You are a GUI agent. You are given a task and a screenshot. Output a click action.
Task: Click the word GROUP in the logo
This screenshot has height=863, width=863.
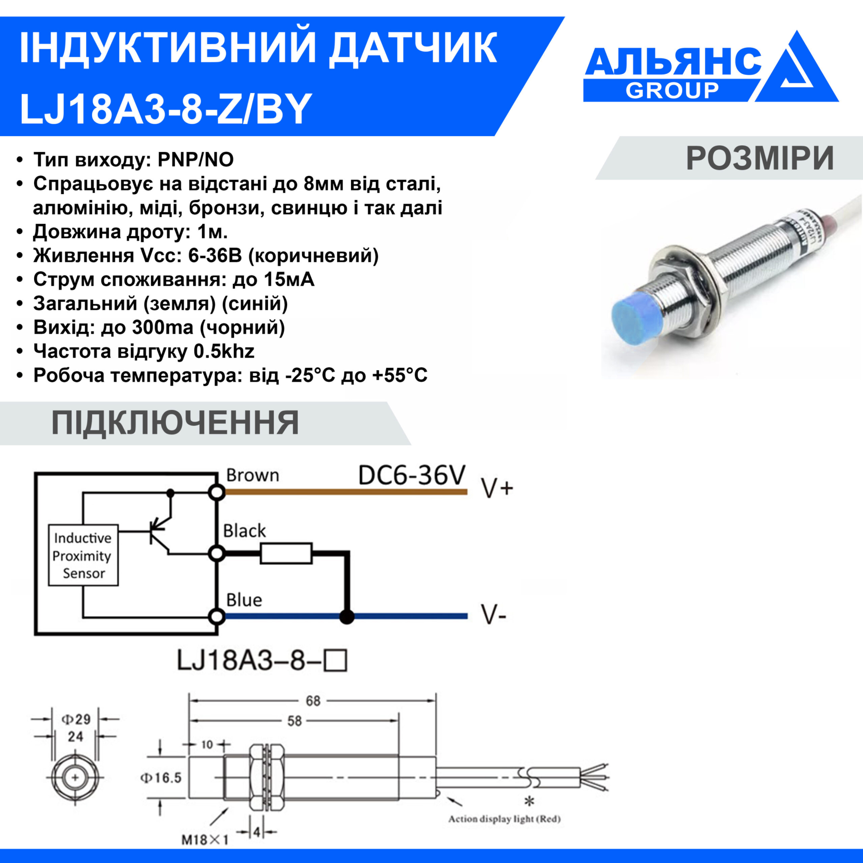[x=672, y=90]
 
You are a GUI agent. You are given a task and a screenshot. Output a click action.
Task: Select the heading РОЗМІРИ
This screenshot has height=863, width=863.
[x=760, y=158]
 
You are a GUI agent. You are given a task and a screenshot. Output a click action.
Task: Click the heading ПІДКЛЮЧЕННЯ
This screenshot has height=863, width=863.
[x=175, y=423]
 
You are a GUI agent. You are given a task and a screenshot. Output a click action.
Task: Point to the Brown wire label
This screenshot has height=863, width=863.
[x=253, y=475]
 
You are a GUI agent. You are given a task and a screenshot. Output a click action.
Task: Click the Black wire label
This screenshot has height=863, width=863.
[x=245, y=531]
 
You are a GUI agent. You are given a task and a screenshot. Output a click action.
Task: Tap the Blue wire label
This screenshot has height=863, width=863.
[x=244, y=600]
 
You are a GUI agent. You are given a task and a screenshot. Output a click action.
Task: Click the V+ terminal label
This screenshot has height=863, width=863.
[x=497, y=489]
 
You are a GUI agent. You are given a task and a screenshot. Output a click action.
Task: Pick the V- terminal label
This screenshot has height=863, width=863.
[x=494, y=615]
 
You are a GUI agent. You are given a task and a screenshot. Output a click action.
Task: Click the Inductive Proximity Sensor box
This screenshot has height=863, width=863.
[x=83, y=555]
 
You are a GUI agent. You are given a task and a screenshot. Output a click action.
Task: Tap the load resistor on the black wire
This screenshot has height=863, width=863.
[x=286, y=553]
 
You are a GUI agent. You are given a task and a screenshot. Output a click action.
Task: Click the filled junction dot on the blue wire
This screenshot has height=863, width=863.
[x=347, y=617]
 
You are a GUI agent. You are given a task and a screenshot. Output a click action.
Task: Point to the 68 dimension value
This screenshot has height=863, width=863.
[x=313, y=701]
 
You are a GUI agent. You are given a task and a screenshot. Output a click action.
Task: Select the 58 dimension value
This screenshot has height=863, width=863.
[x=294, y=721]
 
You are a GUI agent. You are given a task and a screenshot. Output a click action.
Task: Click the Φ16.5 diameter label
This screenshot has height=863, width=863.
[x=161, y=778]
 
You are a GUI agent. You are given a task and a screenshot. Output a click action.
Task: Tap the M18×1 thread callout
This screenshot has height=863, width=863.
[x=205, y=840]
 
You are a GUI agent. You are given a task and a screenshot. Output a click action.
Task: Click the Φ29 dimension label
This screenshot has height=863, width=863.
[x=76, y=719]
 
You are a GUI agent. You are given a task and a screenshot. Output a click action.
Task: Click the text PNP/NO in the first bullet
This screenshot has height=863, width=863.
[x=196, y=160]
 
